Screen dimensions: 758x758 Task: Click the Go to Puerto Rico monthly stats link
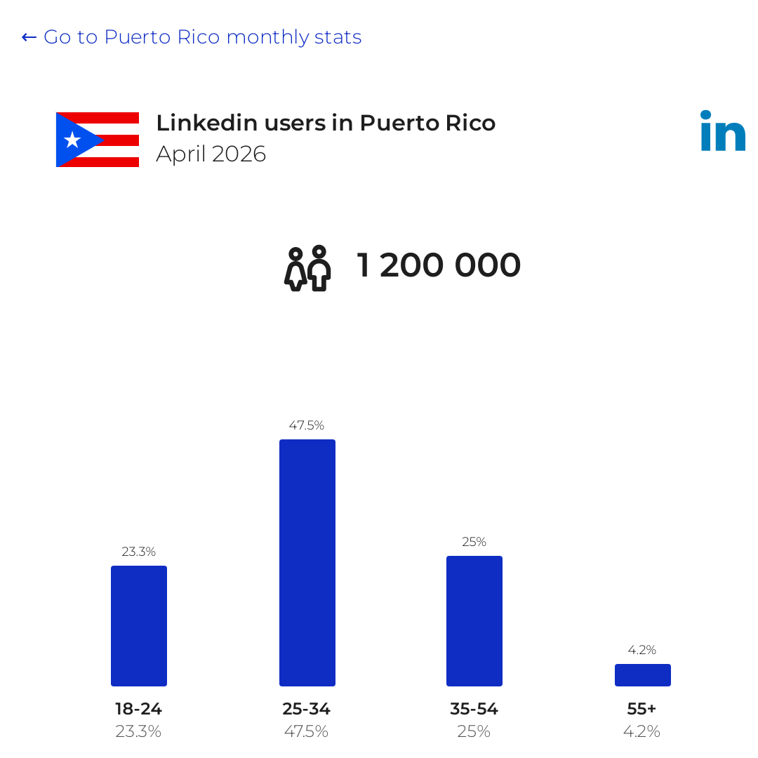[x=192, y=37]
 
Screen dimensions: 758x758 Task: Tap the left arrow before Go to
[x=29, y=37]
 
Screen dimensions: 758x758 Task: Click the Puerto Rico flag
[x=98, y=140]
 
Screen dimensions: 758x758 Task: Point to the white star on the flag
[x=72, y=140]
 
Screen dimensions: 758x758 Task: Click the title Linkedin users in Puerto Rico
[x=326, y=123]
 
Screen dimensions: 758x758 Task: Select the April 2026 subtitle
[x=211, y=154]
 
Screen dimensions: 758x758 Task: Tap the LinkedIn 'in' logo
[x=723, y=131]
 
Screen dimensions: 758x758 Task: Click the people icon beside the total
[x=307, y=268]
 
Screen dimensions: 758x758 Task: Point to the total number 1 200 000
[x=439, y=265]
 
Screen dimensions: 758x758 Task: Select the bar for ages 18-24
[x=139, y=626]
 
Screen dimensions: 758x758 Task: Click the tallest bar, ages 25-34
[x=307, y=563]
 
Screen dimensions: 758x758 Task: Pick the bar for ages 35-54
[x=474, y=621]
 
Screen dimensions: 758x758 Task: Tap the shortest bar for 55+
[x=643, y=675]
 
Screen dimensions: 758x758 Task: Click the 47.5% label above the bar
[x=307, y=425]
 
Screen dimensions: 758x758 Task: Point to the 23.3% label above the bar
[x=139, y=552]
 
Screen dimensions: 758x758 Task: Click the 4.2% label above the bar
[x=642, y=650]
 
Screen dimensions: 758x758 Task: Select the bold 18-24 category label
[x=139, y=709]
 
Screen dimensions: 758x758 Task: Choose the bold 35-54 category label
[x=474, y=709]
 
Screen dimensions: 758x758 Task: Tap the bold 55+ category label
[x=642, y=709]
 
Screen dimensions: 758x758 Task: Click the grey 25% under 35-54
[x=474, y=731]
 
